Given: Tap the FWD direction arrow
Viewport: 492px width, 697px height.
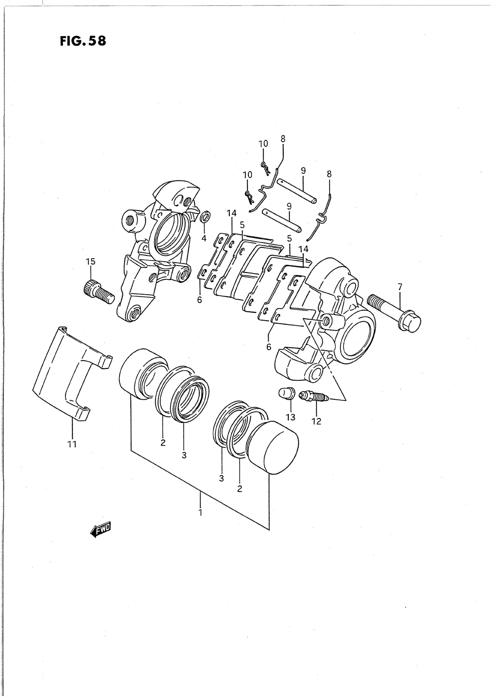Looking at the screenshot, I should pyautogui.click(x=101, y=529).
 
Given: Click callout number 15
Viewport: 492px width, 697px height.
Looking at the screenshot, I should pyautogui.click(x=90, y=261).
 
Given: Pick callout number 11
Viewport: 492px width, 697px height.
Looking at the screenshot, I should pyautogui.click(x=72, y=445).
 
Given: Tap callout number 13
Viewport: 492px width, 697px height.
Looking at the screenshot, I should pyautogui.click(x=290, y=418).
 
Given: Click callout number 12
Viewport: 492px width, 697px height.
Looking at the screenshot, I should pyautogui.click(x=316, y=421).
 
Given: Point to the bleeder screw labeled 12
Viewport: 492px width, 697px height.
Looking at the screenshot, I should pyautogui.click(x=313, y=396).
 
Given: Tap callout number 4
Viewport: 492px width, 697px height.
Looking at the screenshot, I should pyautogui.click(x=204, y=239).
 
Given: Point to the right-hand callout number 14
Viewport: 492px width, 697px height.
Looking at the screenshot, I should pyautogui.click(x=303, y=249).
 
